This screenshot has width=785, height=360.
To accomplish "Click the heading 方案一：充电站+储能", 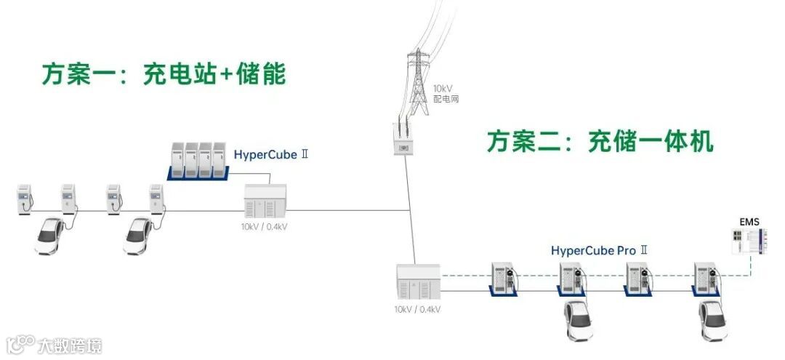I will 164,74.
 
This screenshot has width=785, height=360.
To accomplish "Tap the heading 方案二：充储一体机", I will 600,141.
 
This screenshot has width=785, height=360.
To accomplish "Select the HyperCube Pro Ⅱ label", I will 599,251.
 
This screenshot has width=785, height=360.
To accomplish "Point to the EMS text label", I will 749,221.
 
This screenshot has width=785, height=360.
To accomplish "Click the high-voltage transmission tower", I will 418,80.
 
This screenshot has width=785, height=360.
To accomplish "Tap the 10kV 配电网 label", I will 445,93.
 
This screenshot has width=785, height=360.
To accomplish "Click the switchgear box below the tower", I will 404,138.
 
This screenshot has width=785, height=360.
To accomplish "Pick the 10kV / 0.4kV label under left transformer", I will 264,226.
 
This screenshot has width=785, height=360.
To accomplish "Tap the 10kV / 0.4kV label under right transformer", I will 417,309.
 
